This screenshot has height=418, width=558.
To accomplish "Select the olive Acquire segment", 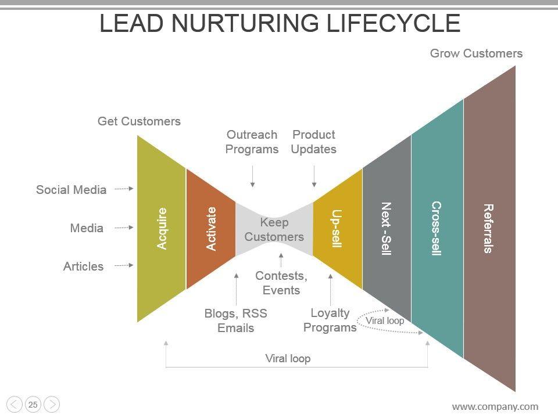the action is pyautogui.click(x=162, y=229).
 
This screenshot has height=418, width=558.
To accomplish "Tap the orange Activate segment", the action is pyautogui.click(x=211, y=229).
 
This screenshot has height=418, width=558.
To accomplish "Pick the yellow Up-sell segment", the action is pyautogui.click(x=337, y=229).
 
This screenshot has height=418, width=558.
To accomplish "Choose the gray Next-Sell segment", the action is pyautogui.click(x=387, y=229).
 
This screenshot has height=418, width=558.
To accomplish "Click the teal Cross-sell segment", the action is pyautogui.click(x=437, y=229).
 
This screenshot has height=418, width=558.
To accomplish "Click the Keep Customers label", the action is pyautogui.click(x=274, y=229).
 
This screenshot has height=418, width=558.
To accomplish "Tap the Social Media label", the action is pyautogui.click(x=71, y=190).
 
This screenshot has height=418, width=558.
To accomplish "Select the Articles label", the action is pyautogui.click(x=83, y=266).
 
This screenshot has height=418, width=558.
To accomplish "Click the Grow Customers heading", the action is pyautogui.click(x=476, y=53).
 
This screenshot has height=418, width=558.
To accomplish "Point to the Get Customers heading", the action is pyautogui.click(x=139, y=121).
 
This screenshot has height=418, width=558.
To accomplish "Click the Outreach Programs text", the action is pyautogui.click(x=252, y=142).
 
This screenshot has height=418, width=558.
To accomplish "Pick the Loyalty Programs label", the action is pyautogui.click(x=330, y=320).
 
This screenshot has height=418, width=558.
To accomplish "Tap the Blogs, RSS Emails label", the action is pyautogui.click(x=235, y=320).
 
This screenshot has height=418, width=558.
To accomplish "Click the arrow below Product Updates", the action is pyautogui.click(x=314, y=176).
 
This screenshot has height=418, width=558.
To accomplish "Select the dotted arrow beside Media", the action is pyautogui.click(x=124, y=228).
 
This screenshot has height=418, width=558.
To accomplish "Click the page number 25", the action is pyautogui.click(x=33, y=405).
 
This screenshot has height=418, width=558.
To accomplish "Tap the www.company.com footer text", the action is pyautogui.click(x=495, y=406).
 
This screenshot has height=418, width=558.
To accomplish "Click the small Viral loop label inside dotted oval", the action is pyautogui.click(x=385, y=320).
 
